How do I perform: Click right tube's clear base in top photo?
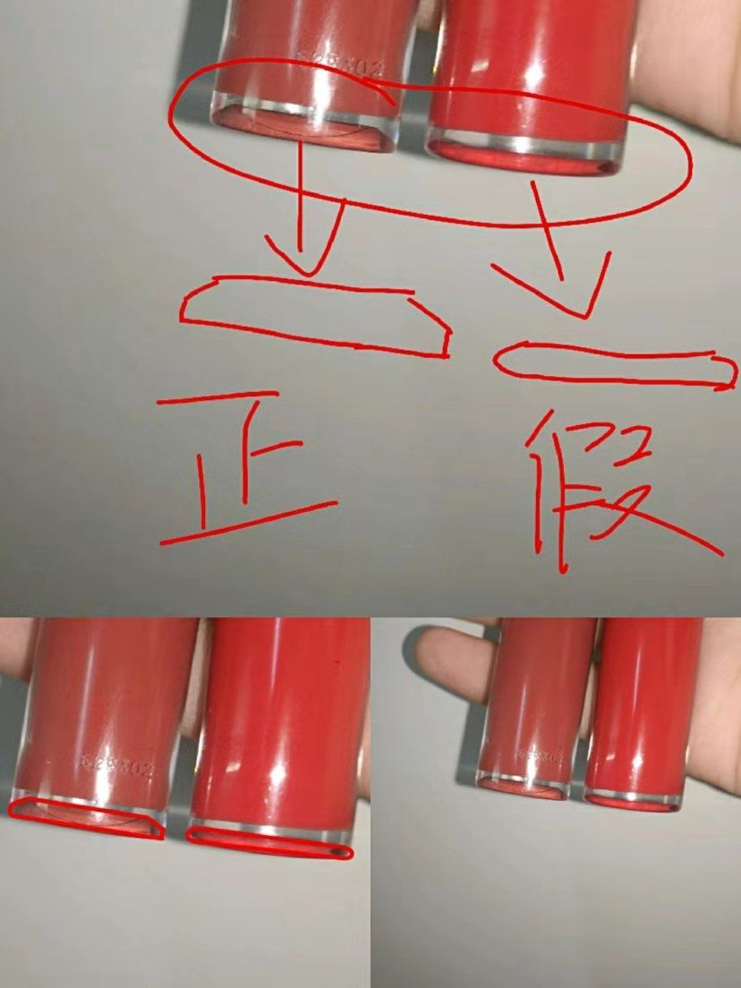point(524,152)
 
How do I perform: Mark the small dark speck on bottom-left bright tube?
point(338,665)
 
